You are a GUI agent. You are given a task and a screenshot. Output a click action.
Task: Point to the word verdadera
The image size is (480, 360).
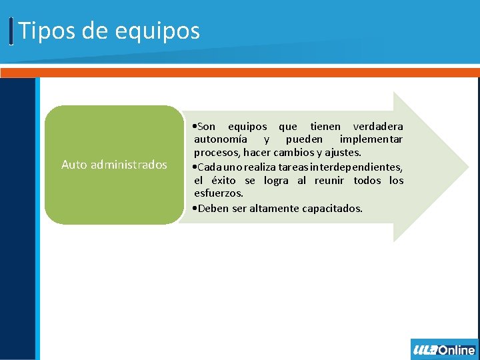(x=377, y=127)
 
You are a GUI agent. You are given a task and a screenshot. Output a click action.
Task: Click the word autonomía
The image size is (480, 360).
(x=221, y=139)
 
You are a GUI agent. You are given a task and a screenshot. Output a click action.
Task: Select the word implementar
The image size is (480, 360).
(x=371, y=139)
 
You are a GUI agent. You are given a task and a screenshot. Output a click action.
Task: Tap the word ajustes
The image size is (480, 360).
(x=344, y=153)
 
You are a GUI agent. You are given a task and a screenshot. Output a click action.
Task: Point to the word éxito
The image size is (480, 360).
(x=223, y=181)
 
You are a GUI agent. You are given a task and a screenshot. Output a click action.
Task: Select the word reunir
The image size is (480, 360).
(x=329, y=181)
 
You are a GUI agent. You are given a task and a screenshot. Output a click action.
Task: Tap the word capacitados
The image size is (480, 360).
(x=332, y=209)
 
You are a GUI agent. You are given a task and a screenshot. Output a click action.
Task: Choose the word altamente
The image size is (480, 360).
(x=274, y=209)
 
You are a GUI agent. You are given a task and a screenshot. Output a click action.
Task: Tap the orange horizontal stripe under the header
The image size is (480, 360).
(x=240, y=72)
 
